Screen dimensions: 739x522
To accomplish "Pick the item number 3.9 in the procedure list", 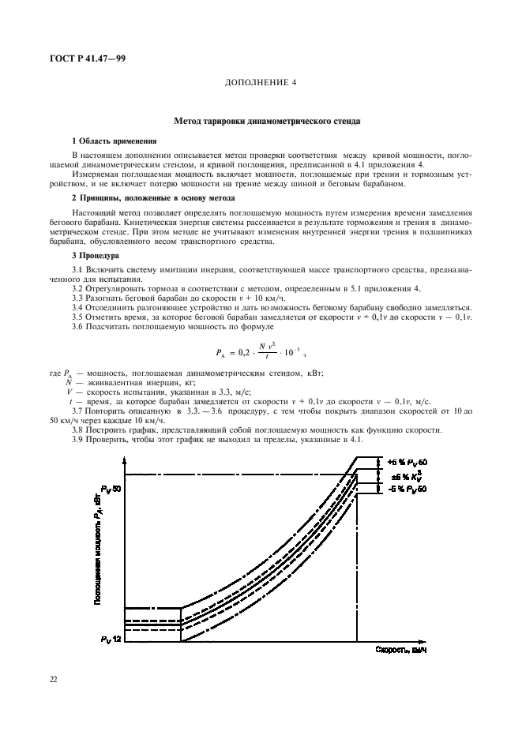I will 77,439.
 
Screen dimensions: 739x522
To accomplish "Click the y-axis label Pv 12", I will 111,638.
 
